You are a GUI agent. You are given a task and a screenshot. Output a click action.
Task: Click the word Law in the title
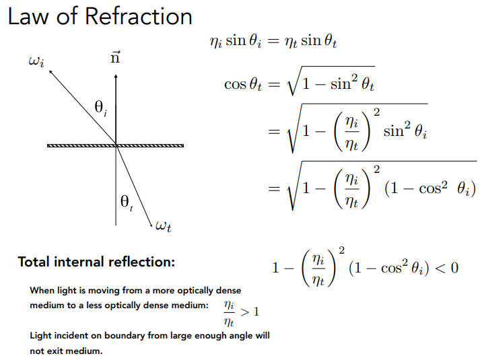pyautogui.click(x=29, y=16)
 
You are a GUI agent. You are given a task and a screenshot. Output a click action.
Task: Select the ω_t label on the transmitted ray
pyautogui.click(x=163, y=227)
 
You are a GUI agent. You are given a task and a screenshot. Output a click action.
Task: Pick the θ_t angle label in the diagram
pyautogui.click(x=126, y=201)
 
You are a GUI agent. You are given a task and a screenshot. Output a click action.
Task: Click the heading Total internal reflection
pyautogui.click(x=96, y=262)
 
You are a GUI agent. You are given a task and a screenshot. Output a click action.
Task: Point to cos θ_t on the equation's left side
pyautogui.click(x=243, y=85)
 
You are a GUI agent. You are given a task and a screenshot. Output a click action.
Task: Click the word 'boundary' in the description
pyautogui.click(x=114, y=335)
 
